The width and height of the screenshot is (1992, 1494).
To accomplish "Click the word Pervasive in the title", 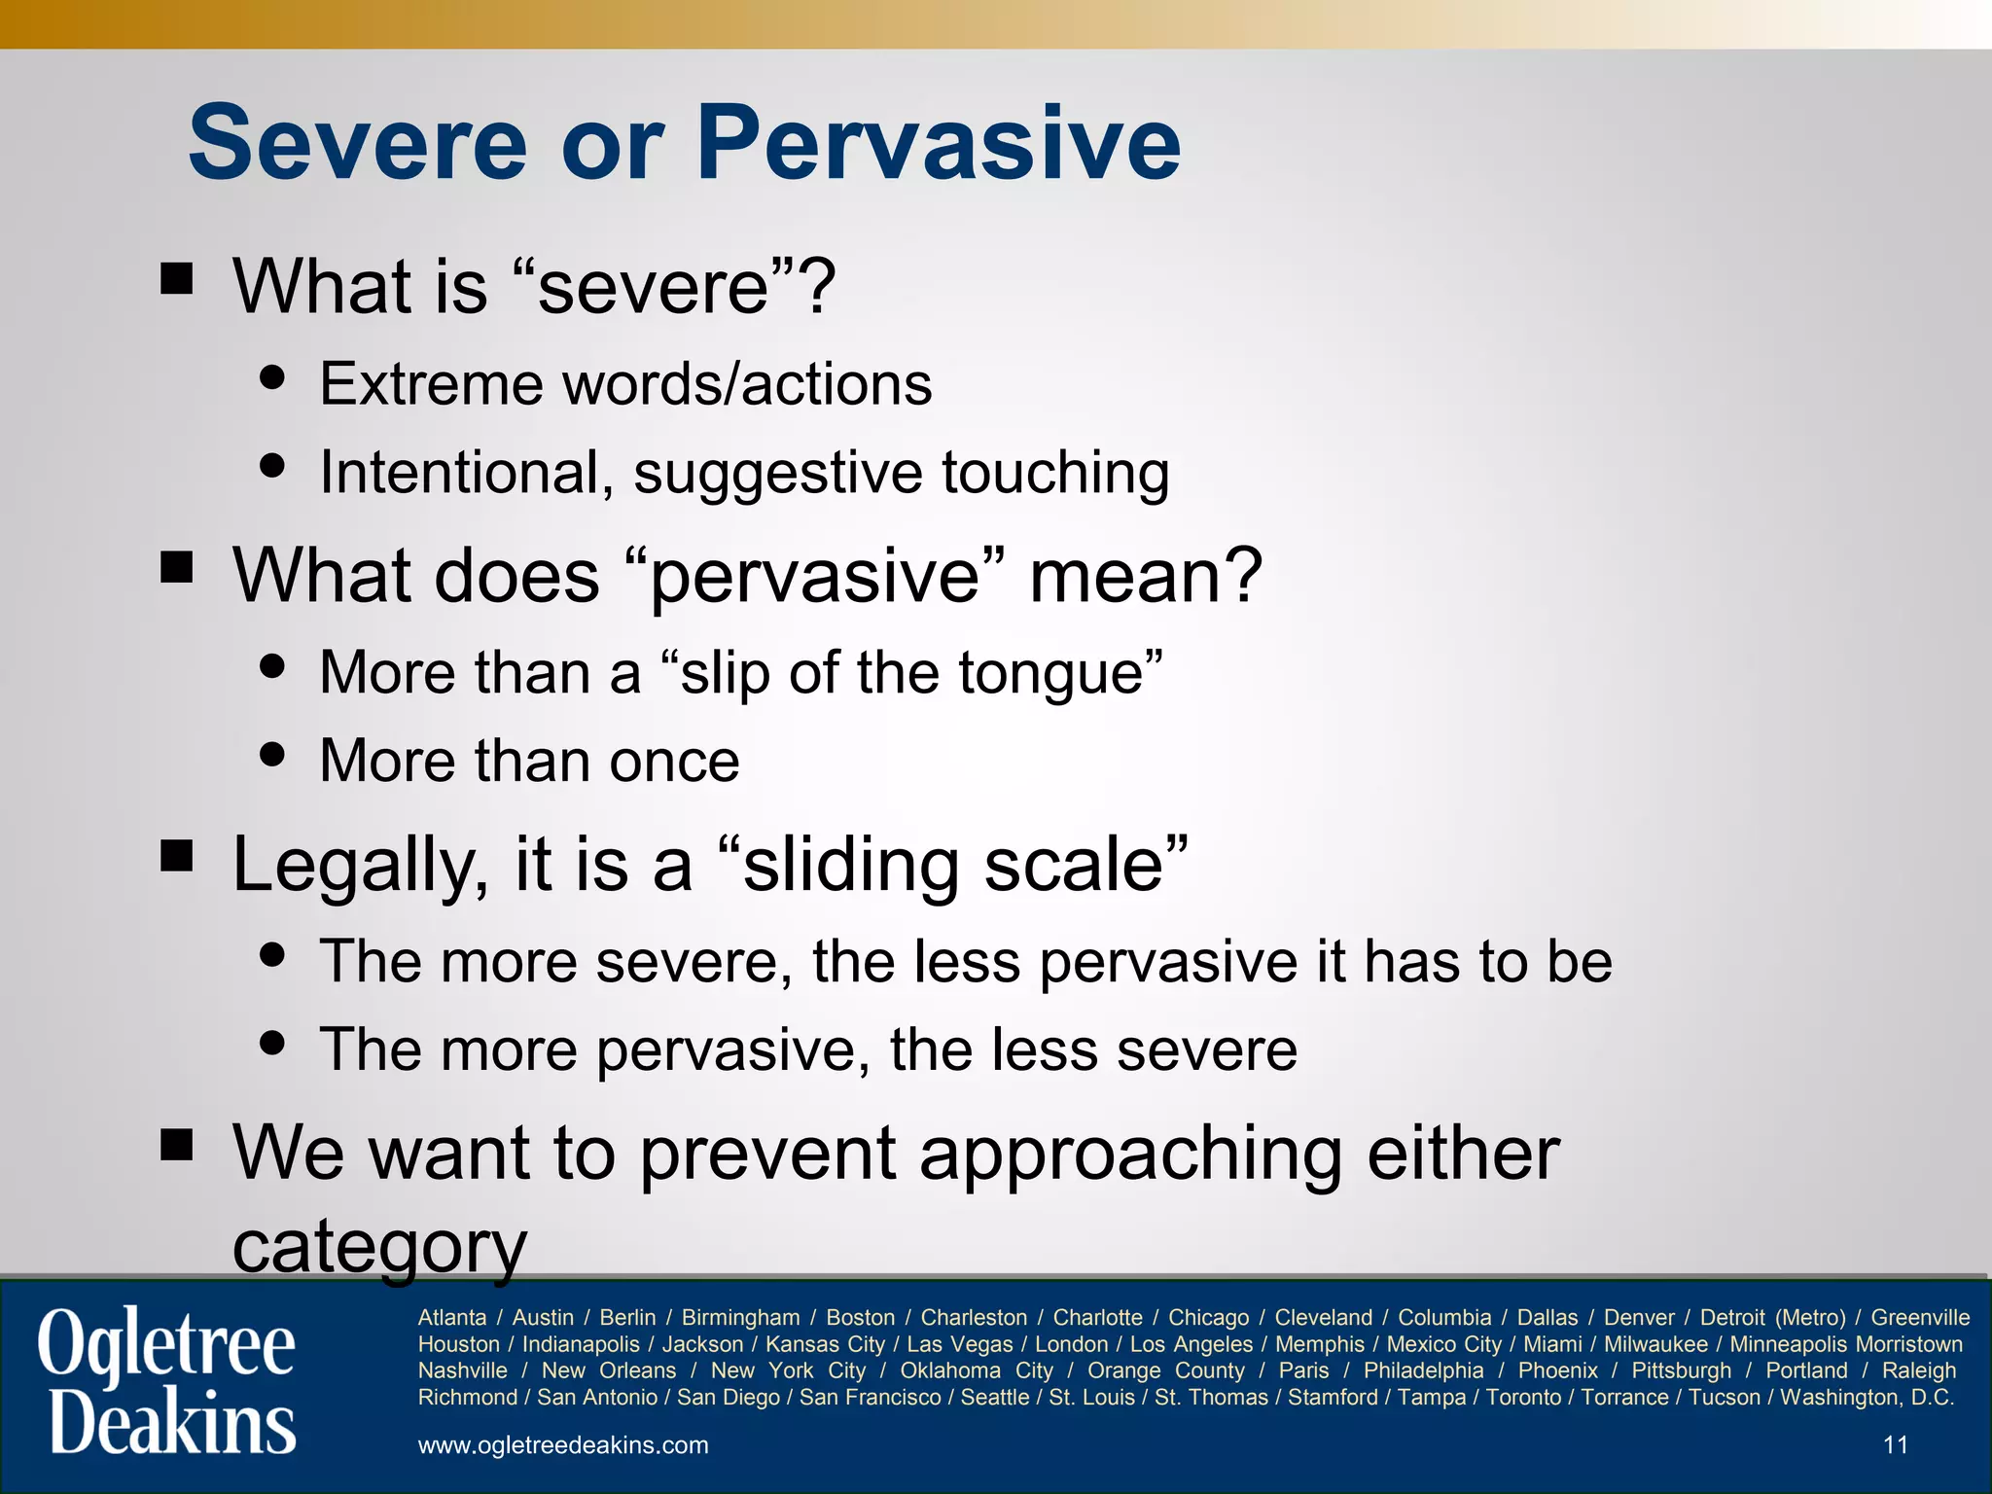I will tap(938, 143).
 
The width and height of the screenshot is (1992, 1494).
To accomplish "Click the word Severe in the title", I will tap(358, 143).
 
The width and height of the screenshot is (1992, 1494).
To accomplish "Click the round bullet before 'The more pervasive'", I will tap(273, 1044).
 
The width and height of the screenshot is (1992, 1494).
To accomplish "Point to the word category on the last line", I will tap(379, 1245).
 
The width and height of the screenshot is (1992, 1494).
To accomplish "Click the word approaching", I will tap(1131, 1154).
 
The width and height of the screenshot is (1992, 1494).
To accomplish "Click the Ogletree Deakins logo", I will tap(167, 1381).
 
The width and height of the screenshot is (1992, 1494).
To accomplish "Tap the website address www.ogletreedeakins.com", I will tap(563, 1445).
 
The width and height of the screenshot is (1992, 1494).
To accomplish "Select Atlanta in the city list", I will tap(452, 1318).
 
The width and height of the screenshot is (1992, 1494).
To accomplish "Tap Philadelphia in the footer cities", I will tap(1423, 1370).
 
